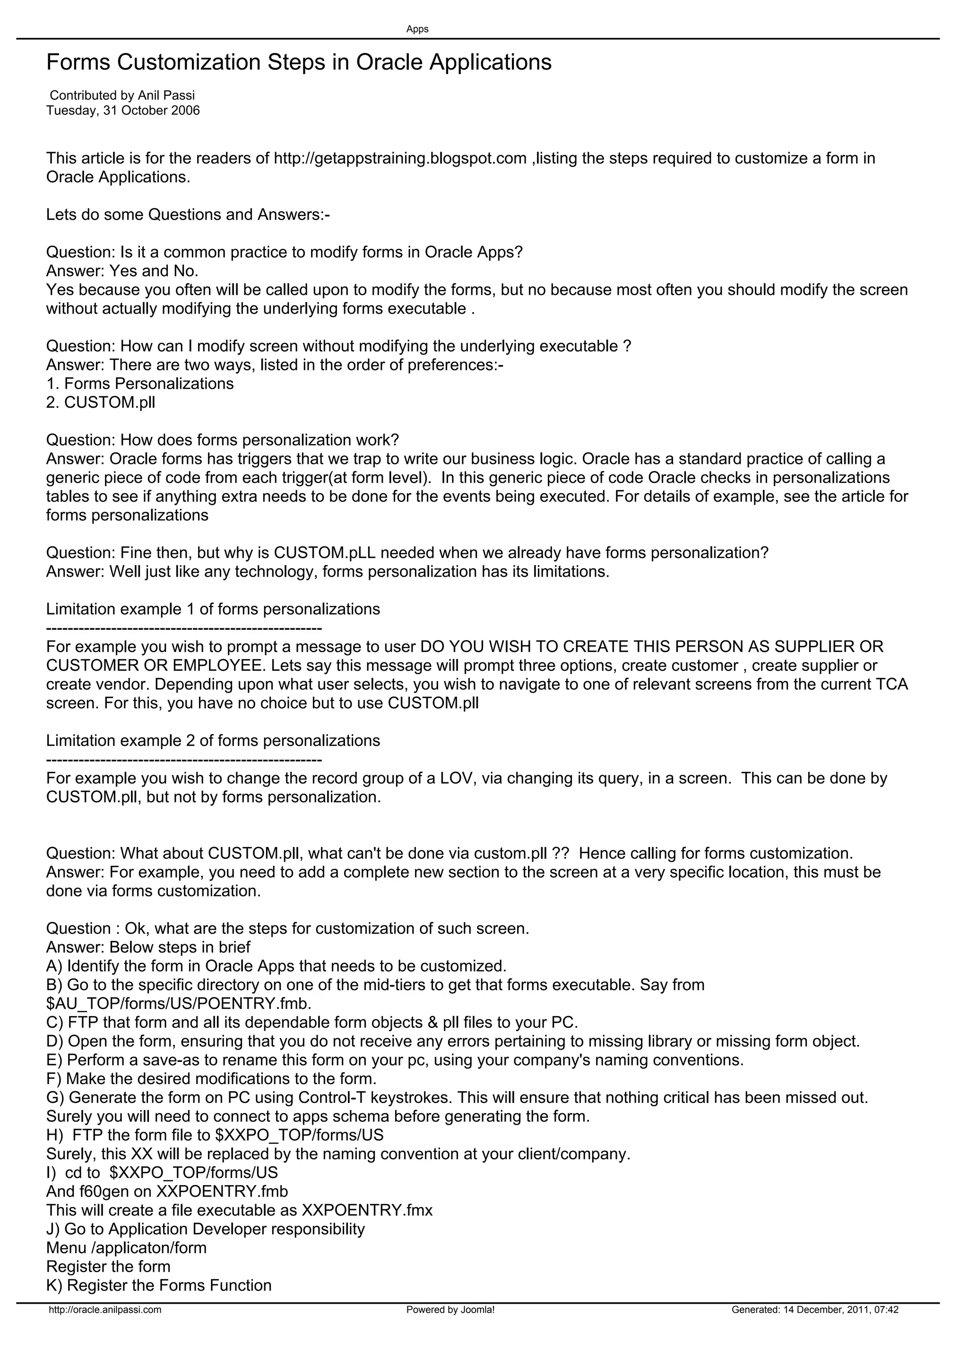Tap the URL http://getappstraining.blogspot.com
(400, 159)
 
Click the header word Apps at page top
(417, 29)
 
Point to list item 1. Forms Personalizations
(140, 384)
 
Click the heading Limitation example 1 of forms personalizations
(213, 609)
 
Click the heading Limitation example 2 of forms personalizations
(213, 741)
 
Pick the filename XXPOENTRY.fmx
(367, 1210)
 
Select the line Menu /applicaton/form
(126, 1248)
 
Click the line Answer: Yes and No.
(122, 271)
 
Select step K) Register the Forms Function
(159, 1285)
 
